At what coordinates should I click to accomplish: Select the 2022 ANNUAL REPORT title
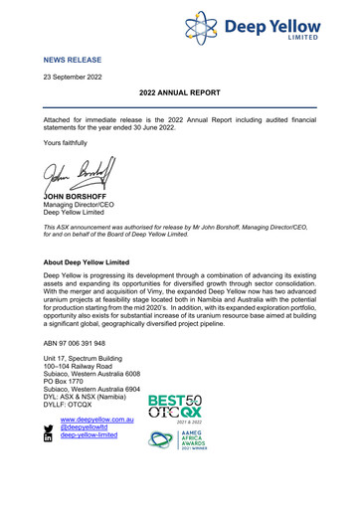pyautogui.click(x=179, y=92)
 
